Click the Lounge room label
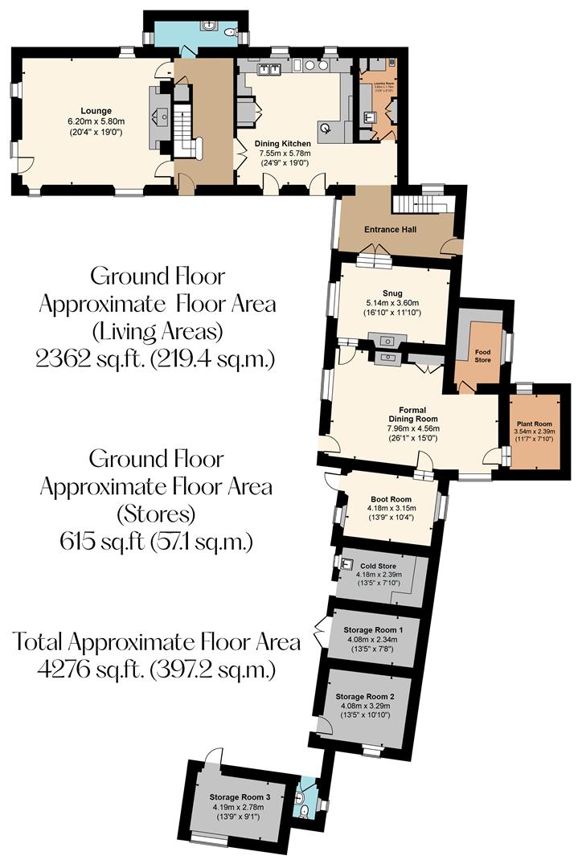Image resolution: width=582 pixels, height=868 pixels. point(95,110)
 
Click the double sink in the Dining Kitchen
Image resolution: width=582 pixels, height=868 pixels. point(268,69)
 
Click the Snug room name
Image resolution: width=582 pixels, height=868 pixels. point(392,293)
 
